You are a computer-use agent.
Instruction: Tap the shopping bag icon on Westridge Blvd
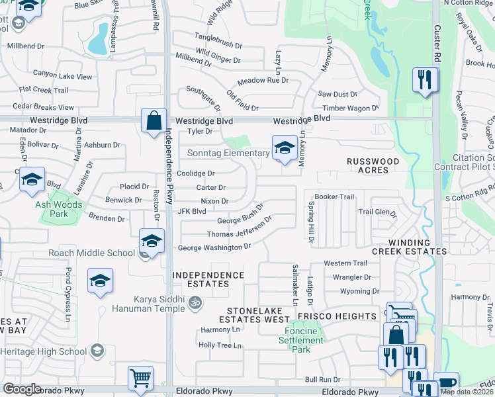point(154,121)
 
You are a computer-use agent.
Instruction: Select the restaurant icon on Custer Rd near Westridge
point(424,81)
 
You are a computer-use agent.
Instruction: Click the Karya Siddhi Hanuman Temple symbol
point(195,302)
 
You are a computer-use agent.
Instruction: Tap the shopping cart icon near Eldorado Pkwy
point(141,378)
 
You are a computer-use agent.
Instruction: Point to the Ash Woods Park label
point(60,209)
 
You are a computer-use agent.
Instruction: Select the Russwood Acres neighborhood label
point(373,165)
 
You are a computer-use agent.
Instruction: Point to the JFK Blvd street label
point(193,211)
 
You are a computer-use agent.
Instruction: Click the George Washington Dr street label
point(214,247)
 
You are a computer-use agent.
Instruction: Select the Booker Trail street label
point(334,197)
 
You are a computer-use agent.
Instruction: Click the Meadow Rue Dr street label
point(263,80)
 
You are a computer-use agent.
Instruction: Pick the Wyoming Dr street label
point(351,291)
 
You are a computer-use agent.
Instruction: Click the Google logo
point(22,389)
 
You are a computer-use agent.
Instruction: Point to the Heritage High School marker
point(97,350)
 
